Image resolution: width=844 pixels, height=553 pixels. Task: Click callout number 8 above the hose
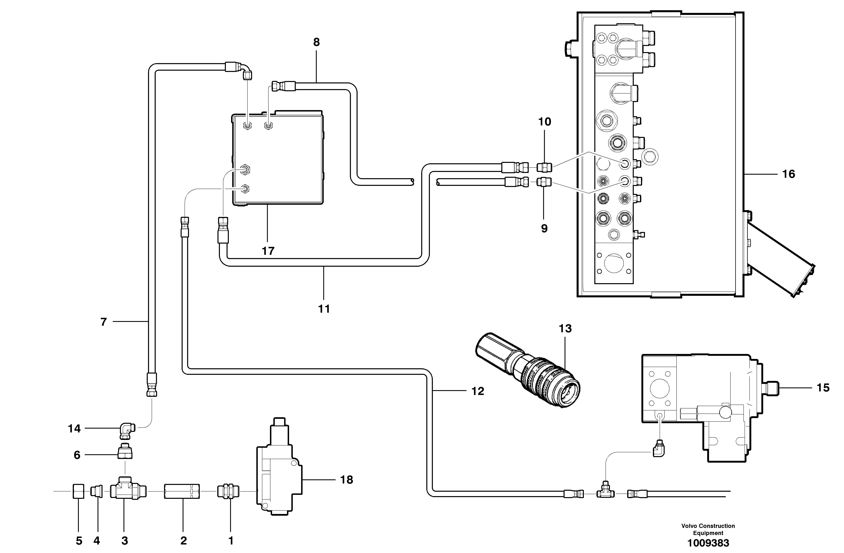pyautogui.click(x=316, y=42)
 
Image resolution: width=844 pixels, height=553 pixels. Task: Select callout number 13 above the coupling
pyautogui.click(x=565, y=329)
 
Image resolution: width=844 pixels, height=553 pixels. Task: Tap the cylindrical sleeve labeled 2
pyautogui.click(x=182, y=492)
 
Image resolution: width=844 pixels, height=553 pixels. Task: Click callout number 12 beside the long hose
pyautogui.click(x=478, y=391)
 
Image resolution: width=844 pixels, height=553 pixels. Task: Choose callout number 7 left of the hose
pyautogui.click(x=103, y=322)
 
